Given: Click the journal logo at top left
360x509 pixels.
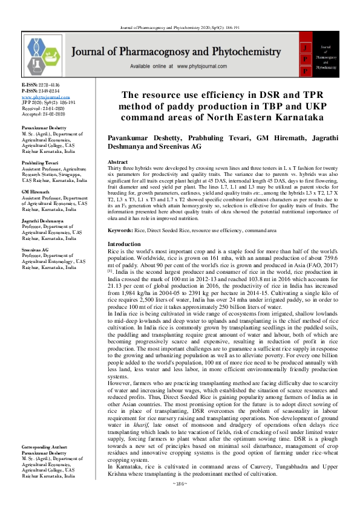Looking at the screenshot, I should [44, 54].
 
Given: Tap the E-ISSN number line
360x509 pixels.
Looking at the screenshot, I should [41, 86].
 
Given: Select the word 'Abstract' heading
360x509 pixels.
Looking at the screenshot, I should [117, 163].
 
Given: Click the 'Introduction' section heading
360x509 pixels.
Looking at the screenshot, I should [123, 244].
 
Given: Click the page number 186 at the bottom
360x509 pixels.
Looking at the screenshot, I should [180, 501].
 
